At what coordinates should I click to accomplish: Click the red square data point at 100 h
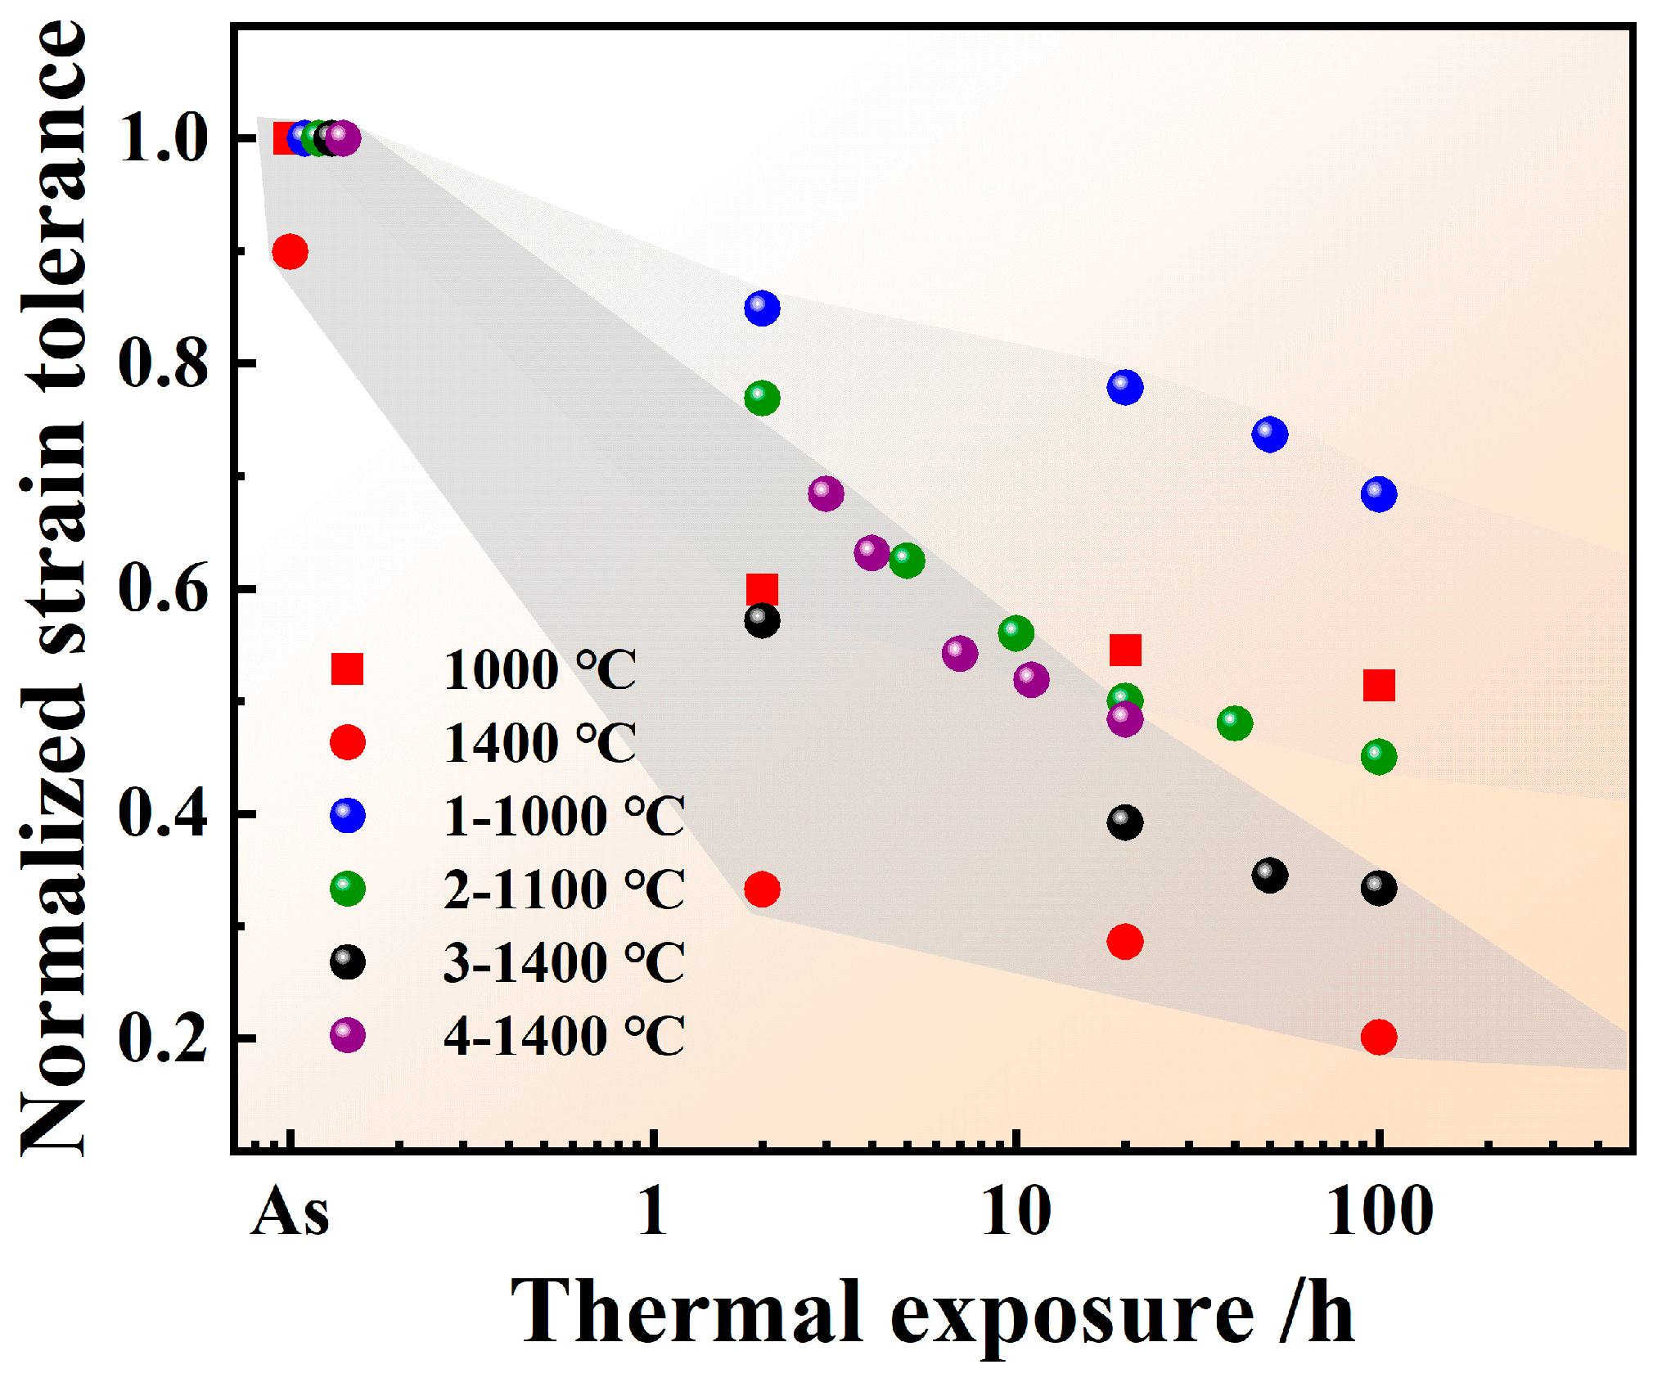[x=1379, y=686]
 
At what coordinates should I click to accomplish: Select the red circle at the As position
[x=290, y=251]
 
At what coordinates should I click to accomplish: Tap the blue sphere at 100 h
[x=1379, y=494]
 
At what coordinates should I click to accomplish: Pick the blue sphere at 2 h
[x=762, y=308]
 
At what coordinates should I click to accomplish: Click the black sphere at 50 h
[x=1269, y=876]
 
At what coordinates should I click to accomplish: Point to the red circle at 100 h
[x=1379, y=1037]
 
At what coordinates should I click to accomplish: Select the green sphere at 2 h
[x=762, y=398]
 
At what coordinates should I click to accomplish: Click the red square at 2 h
[x=762, y=589]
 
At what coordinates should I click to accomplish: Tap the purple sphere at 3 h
[x=826, y=493]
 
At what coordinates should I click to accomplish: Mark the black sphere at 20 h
[x=1125, y=822]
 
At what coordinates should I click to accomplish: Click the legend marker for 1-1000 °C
[x=347, y=816]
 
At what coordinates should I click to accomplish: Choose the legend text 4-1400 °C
[x=564, y=1036]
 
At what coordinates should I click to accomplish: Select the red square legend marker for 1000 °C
[x=347, y=669]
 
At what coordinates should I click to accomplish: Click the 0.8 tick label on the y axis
[x=162, y=363]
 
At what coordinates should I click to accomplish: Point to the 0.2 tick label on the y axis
[x=162, y=1038]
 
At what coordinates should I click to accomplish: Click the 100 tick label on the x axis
[x=1379, y=1212]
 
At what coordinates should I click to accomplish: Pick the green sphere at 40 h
[x=1235, y=723]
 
